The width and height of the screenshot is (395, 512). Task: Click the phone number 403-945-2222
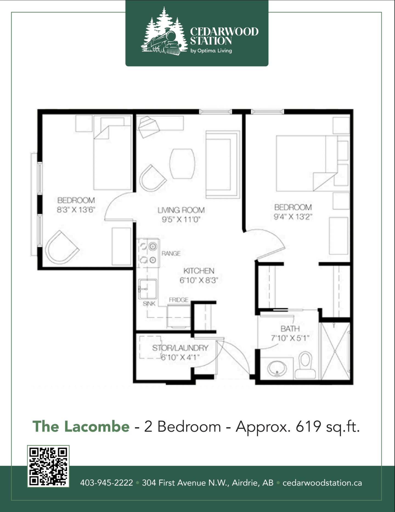106,483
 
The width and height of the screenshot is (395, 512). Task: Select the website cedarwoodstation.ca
322,483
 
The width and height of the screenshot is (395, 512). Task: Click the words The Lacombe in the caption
81,426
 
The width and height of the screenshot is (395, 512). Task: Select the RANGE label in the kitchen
171,253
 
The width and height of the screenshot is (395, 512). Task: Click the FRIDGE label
179,300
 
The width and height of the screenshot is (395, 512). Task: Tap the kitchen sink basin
148,289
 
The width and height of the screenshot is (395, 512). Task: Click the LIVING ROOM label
181,210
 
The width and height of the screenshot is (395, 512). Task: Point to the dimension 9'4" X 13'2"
293,217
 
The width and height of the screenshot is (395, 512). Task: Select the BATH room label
290,329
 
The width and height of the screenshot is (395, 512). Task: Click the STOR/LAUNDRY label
180,348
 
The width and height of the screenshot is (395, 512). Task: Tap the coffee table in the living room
183,164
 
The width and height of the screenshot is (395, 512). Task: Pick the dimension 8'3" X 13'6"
76,210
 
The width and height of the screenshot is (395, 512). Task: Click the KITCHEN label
199,271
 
